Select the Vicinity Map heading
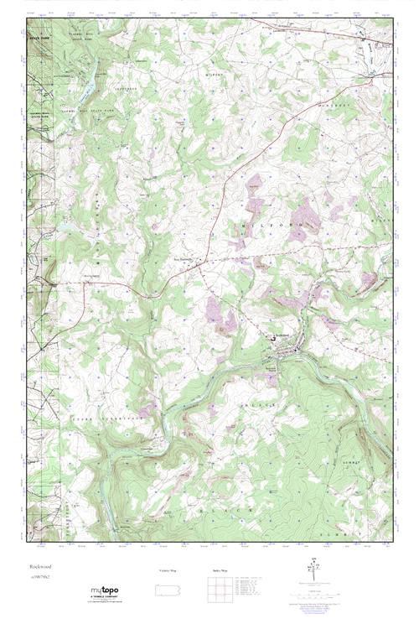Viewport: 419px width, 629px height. (x=169, y=570)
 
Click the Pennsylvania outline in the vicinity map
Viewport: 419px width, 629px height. (x=169, y=586)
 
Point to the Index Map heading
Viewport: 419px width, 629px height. (x=220, y=570)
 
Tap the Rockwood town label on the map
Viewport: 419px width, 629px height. (x=289, y=336)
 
